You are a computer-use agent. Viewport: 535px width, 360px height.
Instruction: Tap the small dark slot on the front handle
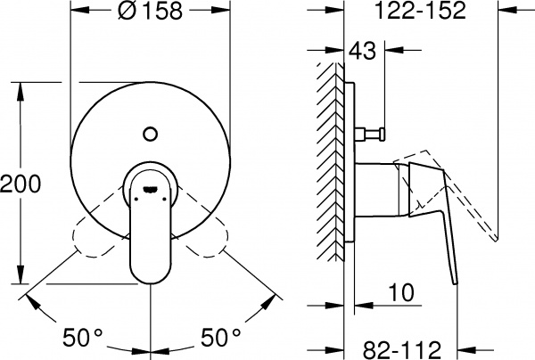click(149, 188)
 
